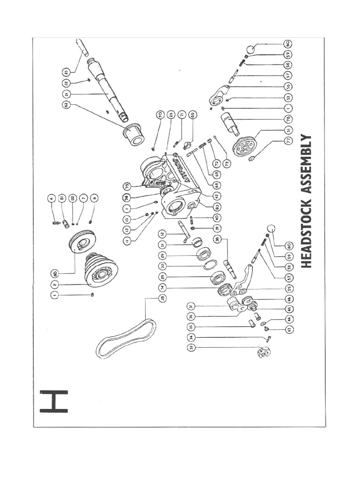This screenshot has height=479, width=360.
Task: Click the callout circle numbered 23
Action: pyautogui.click(x=66, y=72)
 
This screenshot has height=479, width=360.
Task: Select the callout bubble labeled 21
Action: pyautogui.click(x=66, y=94)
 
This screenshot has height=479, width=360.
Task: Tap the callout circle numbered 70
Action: pyautogui.click(x=160, y=115)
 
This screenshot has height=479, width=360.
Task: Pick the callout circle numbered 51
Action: pyautogui.click(x=288, y=130)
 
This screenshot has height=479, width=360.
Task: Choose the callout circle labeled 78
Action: pyautogui.click(x=288, y=119)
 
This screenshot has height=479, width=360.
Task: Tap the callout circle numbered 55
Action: pyautogui.click(x=288, y=289)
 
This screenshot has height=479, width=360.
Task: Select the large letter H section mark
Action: pyautogui.click(x=54, y=401)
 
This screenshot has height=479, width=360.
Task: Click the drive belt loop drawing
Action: pyautogui.click(x=126, y=339)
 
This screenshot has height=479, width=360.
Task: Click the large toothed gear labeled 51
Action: pyautogui.click(x=244, y=147)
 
